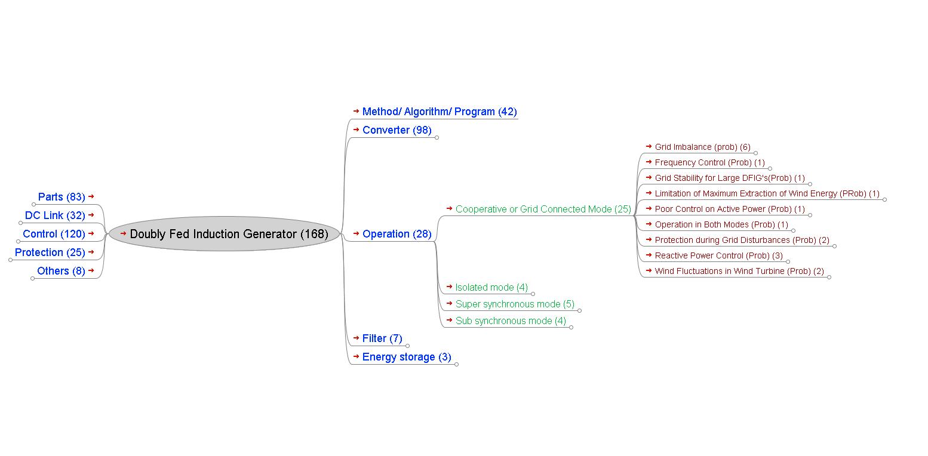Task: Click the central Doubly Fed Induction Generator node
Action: click(229, 234)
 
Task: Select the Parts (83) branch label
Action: click(61, 197)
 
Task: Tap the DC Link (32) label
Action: click(55, 215)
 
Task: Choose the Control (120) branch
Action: click(54, 234)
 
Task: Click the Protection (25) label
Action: click(50, 252)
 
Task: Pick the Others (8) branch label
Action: click(61, 271)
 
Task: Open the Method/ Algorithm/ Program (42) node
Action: click(439, 112)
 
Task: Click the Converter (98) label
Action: click(397, 130)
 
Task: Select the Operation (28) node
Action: click(397, 234)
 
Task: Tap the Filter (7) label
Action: click(382, 338)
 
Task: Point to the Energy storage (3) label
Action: click(407, 357)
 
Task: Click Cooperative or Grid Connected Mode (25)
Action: click(543, 209)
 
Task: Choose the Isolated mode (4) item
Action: click(491, 287)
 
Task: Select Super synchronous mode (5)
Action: click(515, 304)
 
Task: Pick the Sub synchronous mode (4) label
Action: click(511, 321)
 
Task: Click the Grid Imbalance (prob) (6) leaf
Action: click(702, 147)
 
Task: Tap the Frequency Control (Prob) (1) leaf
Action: click(709, 162)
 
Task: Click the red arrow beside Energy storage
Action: click(356, 356)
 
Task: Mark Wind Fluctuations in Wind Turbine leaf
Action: click(739, 271)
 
